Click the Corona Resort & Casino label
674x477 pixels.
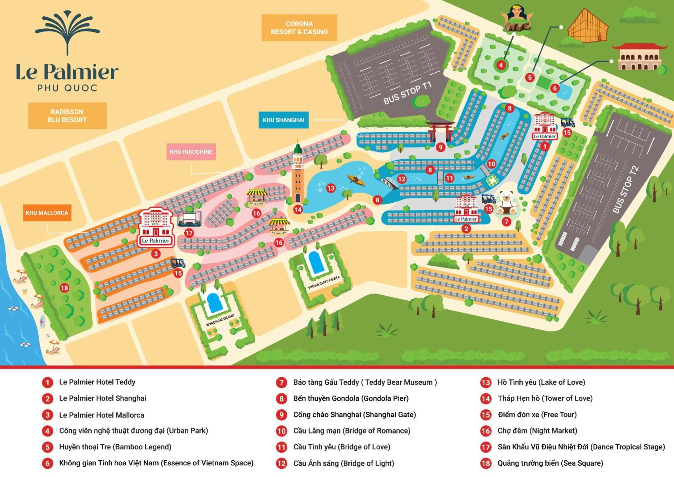[299, 28]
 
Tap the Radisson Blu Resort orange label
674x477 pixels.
[67, 116]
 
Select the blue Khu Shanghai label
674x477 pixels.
[283, 120]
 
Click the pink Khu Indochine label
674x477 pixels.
[191, 152]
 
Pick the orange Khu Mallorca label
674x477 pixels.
[47, 213]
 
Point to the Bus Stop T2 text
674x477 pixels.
[626, 189]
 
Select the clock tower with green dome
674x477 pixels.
[298, 173]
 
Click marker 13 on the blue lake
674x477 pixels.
[331, 188]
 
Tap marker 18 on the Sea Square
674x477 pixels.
[64, 288]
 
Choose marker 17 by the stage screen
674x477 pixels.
[189, 233]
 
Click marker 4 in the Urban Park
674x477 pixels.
[501, 65]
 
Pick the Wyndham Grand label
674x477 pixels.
[220, 320]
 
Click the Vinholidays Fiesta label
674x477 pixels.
[323, 282]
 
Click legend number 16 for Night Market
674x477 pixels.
[485, 431]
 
